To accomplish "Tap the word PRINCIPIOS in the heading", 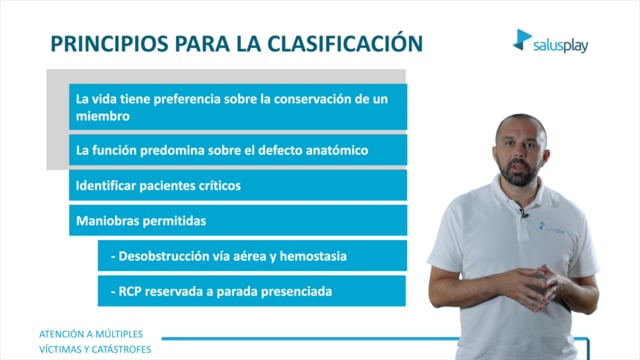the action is coord(109,44).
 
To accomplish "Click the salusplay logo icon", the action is coord(522,40).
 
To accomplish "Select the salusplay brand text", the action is coord(561,45).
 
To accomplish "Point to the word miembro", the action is coord(103,116).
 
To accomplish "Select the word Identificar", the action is coord(106,186).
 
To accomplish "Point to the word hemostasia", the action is coord(313,256).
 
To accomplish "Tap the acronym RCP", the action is coord(130,291).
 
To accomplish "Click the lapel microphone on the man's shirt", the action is coord(523,212).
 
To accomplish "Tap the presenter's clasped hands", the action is coord(531,286).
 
